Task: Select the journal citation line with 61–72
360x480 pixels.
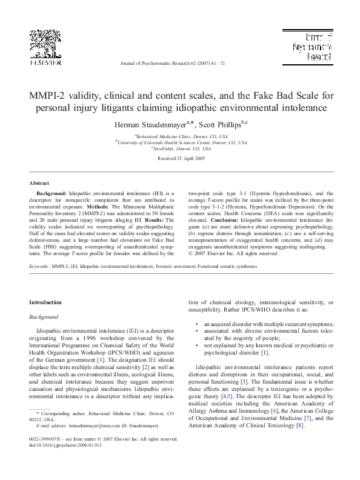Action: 179,63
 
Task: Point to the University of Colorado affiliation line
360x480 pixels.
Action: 181,143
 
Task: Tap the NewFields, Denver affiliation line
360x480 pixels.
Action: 181,149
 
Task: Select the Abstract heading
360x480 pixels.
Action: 39,182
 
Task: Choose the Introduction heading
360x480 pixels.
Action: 45,302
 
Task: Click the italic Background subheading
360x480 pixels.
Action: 44,316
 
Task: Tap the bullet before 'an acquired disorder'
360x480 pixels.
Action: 196,325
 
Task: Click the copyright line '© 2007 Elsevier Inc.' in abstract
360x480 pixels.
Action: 233,253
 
